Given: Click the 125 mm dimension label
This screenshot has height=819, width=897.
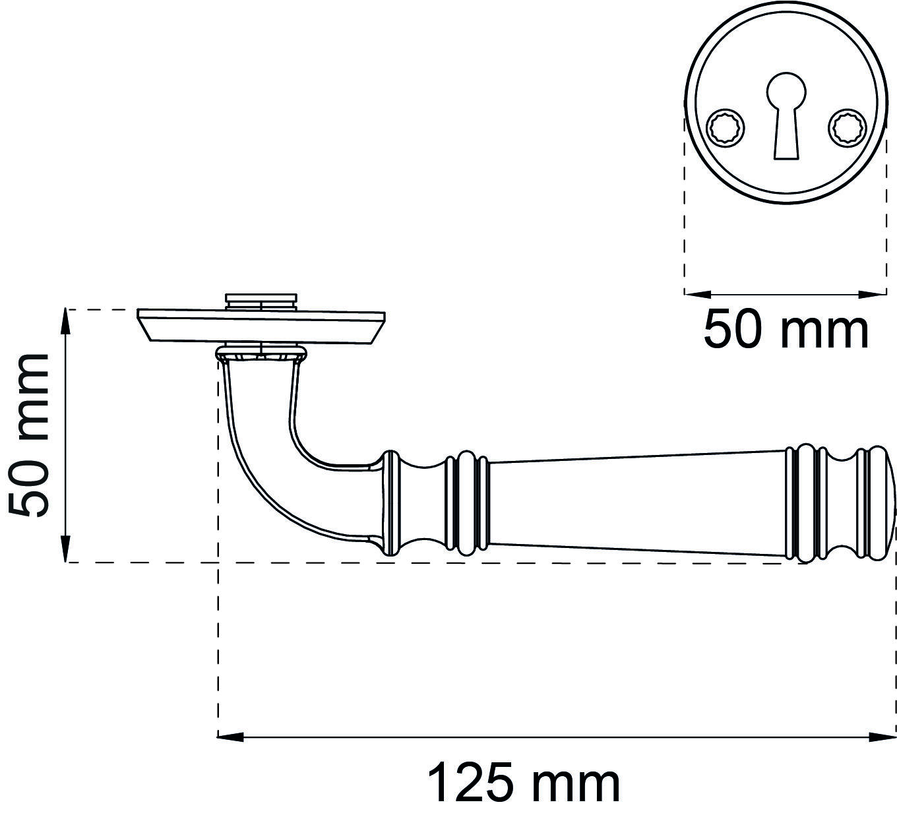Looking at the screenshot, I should pos(524,783).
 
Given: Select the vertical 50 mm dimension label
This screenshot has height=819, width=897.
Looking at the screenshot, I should pos(30,436).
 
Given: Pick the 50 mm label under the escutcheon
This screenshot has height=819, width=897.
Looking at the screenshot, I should pos(786,330).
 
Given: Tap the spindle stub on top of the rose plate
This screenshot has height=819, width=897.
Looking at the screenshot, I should pos(261,301).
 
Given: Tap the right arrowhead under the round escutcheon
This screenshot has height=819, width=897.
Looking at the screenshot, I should pos(873,293).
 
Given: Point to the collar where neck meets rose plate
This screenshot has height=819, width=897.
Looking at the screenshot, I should pos(261,353).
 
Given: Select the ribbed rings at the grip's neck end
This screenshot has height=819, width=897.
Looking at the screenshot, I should pos(467,502).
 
